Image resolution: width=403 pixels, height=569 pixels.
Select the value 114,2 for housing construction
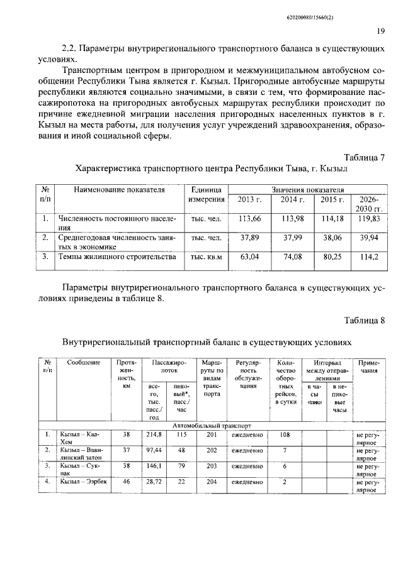[369, 257]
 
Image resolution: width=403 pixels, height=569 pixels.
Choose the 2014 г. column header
[292, 199]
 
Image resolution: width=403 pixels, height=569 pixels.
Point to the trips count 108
[284, 434]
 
